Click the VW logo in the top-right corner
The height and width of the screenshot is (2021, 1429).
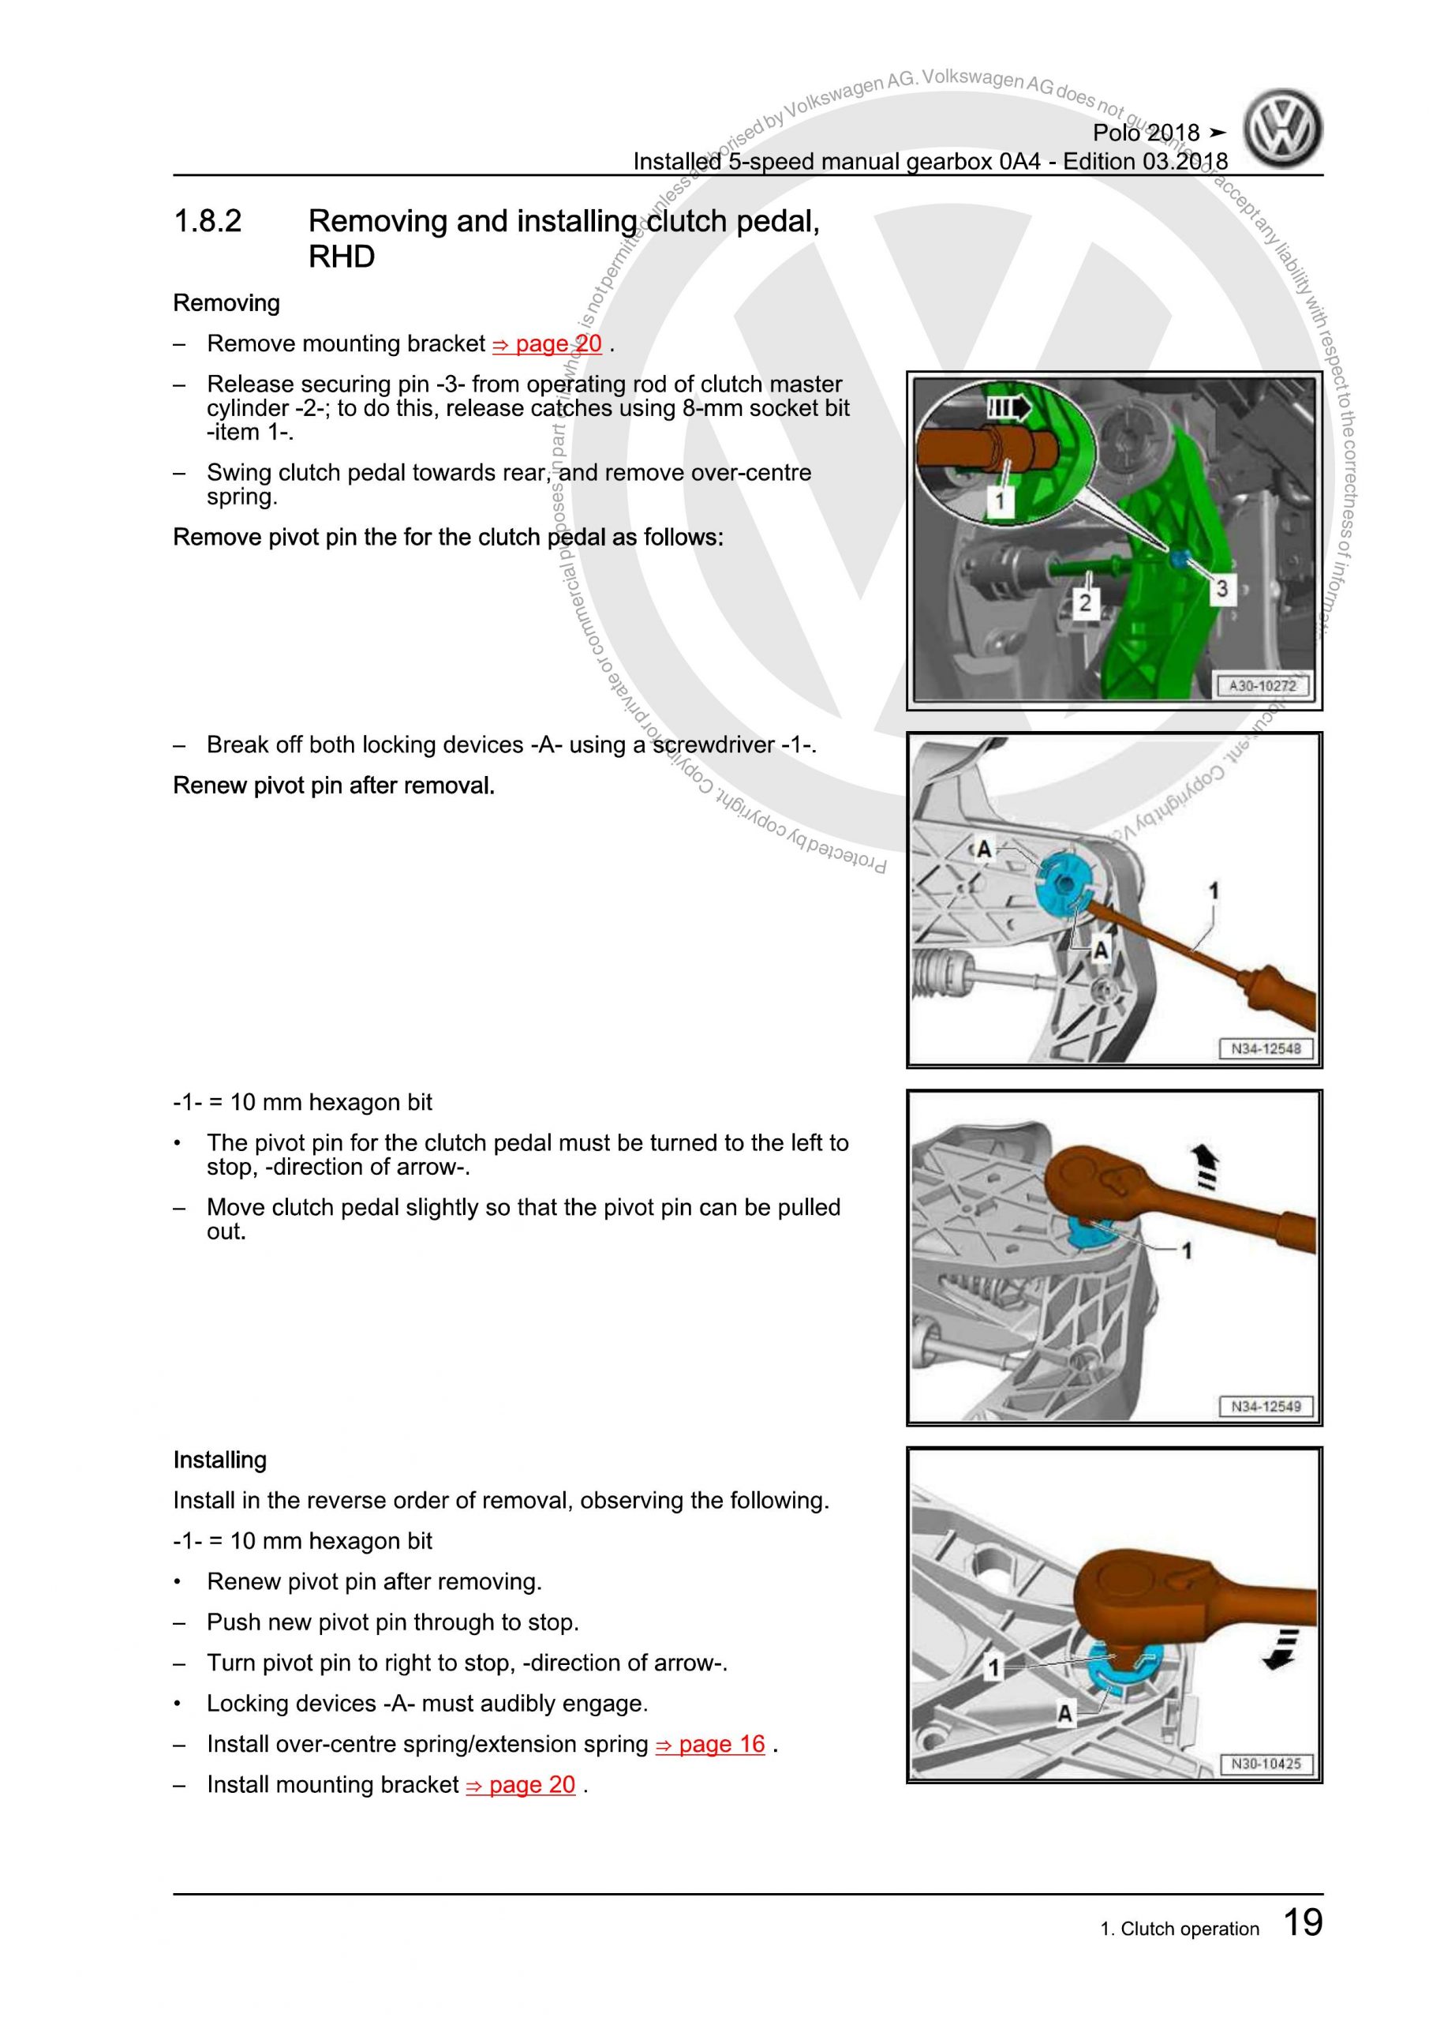click(x=1283, y=130)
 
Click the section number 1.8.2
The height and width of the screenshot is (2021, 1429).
click(x=208, y=221)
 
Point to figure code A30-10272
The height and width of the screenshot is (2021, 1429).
click(x=1262, y=686)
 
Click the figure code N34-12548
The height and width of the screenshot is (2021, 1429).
click(x=1266, y=1048)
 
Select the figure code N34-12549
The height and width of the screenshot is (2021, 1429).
click(x=1266, y=1406)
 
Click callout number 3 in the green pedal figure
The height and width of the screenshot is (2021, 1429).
click(x=1221, y=588)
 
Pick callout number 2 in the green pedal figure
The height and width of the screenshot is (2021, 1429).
click(x=1085, y=602)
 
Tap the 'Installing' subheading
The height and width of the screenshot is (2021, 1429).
click(x=220, y=1460)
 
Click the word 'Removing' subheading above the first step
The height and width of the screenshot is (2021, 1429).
click(x=226, y=304)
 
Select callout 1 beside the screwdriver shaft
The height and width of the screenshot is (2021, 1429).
click(x=1214, y=891)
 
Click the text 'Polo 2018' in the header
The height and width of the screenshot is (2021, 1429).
click(x=1146, y=133)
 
